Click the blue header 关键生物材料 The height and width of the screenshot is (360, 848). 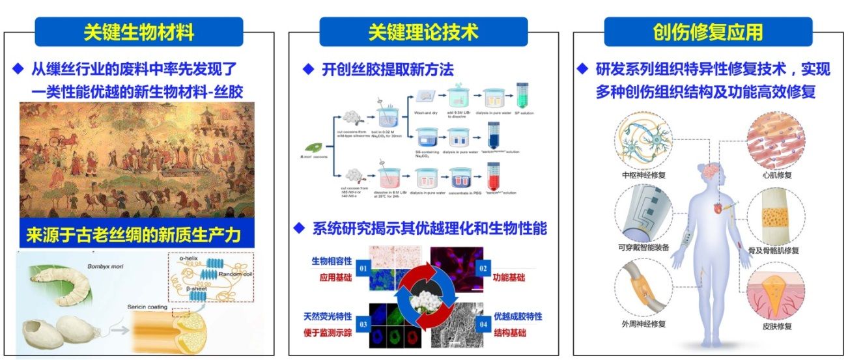coord(139,31)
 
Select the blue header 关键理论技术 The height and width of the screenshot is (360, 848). coord(423,31)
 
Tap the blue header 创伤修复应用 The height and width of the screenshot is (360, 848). coord(708,31)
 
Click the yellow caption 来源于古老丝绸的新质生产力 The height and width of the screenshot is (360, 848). coord(135,235)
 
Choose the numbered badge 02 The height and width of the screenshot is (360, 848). coord(483,266)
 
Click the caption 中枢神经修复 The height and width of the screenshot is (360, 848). coord(644,175)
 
